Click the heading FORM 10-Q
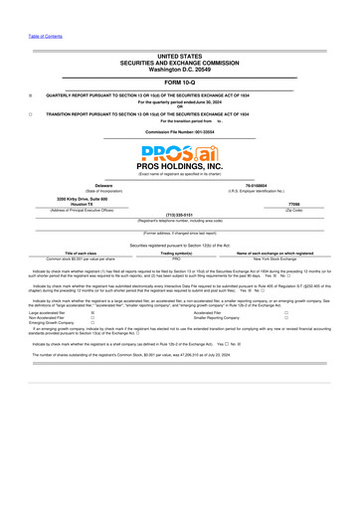pos(179,83)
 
